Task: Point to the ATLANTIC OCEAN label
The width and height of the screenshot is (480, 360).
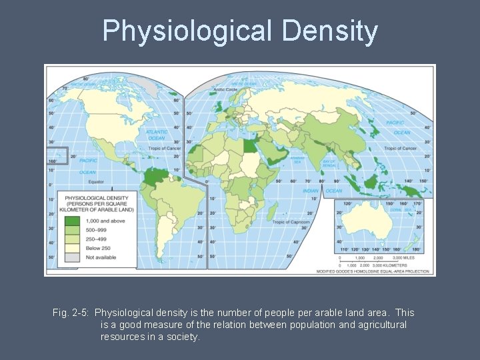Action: point(157,135)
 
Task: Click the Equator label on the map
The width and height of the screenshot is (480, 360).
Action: point(97,181)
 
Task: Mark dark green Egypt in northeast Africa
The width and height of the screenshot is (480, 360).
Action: point(250,145)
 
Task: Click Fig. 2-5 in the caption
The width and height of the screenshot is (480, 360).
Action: point(70,313)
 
